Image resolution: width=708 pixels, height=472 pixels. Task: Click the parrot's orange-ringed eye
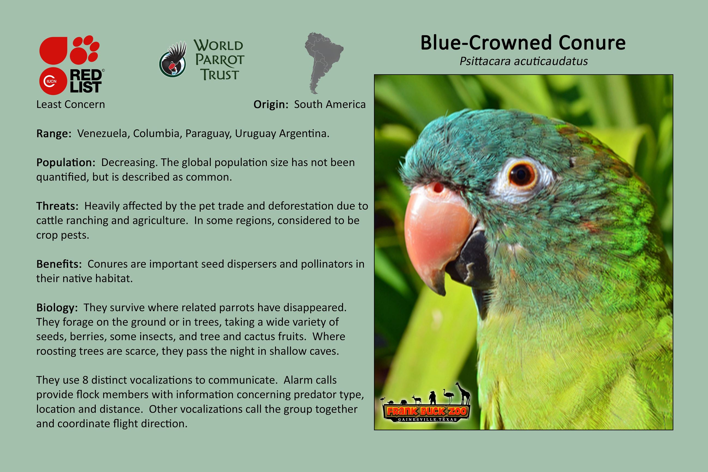click(x=521, y=174)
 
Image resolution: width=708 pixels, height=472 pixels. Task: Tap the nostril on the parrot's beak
click(x=438, y=188)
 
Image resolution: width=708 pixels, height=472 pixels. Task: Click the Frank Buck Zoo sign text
click(x=427, y=411)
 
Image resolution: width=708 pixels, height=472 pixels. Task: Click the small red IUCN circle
click(x=53, y=81)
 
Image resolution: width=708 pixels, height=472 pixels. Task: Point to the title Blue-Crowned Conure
click(x=523, y=43)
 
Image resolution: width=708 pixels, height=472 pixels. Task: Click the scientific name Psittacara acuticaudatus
click(x=524, y=61)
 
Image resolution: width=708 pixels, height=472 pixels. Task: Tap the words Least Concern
click(x=71, y=105)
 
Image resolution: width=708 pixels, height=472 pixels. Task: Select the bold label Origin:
click(x=271, y=105)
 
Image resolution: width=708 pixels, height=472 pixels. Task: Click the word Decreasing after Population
click(x=129, y=163)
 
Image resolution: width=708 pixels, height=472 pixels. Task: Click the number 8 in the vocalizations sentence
click(x=85, y=380)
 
